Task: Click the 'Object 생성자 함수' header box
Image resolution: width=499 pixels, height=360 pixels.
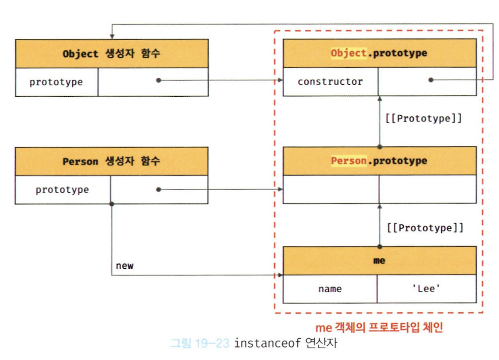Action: click(x=112, y=54)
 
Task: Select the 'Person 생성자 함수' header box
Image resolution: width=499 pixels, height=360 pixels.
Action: click(x=112, y=161)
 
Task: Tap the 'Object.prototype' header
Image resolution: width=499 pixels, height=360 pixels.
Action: click(x=379, y=53)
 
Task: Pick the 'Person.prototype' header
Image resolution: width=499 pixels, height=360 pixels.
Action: click(x=379, y=160)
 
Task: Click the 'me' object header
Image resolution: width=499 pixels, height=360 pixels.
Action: click(x=379, y=261)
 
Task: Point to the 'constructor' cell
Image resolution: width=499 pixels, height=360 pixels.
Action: click(x=330, y=82)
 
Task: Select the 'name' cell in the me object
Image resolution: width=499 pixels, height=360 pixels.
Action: click(x=330, y=289)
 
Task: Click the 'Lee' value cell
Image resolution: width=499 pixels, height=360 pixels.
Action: click(x=426, y=289)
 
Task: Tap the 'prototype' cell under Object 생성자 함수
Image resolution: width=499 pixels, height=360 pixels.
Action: click(x=56, y=82)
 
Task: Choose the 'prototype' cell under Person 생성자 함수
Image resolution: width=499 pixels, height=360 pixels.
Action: click(x=62, y=190)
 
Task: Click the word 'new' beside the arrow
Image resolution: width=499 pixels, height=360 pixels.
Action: click(x=125, y=266)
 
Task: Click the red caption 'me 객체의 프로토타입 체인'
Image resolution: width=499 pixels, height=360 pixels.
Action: click(x=379, y=328)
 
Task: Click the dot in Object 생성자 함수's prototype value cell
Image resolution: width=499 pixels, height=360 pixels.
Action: click(x=159, y=81)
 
